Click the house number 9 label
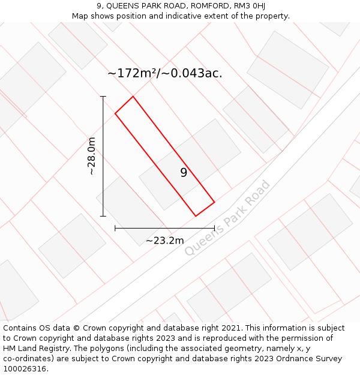184,173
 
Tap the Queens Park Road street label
228,218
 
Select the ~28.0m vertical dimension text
91,156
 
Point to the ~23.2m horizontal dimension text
164,241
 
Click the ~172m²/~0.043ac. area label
165,73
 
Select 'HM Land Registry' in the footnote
33,349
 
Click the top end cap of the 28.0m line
103,96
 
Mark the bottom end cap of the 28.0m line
103,216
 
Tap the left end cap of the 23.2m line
115,228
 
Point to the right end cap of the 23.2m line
214,228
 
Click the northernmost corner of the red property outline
133,96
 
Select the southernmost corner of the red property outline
196,216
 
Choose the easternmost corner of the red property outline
214,202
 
